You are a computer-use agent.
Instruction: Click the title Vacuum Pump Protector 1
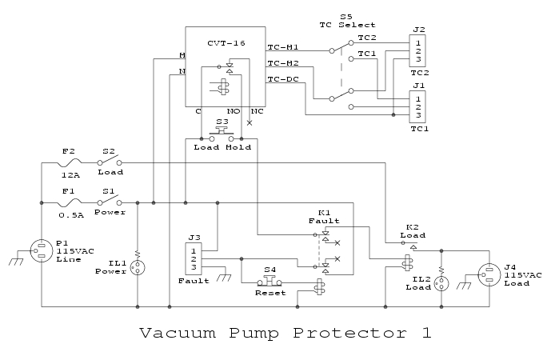click(x=285, y=332)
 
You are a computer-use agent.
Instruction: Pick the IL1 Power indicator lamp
click(x=137, y=267)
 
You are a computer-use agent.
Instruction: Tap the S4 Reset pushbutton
click(x=270, y=282)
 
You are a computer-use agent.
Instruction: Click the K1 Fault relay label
click(x=324, y=216)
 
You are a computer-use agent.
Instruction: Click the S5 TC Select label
click(x=345, y=20)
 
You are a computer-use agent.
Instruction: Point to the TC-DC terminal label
click(x=282, y=78)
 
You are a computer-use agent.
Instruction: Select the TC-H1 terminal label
click(x=282, y=47)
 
